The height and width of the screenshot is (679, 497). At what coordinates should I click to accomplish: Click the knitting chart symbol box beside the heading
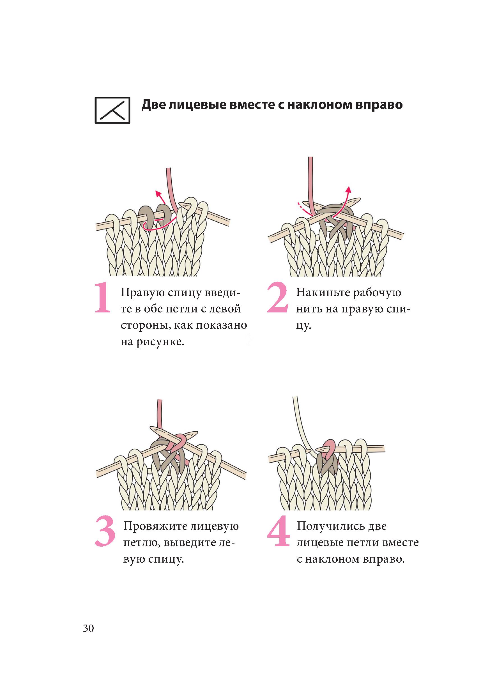112,110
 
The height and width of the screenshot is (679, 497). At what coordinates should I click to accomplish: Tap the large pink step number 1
103,298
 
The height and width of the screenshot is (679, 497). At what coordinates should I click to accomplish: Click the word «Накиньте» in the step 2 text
322,293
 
